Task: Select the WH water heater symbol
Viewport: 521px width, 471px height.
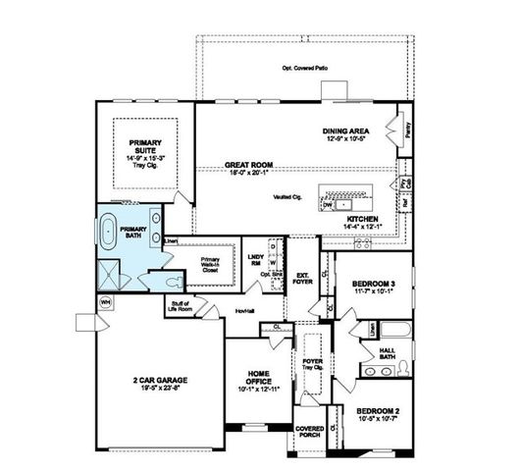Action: [106, 302]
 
